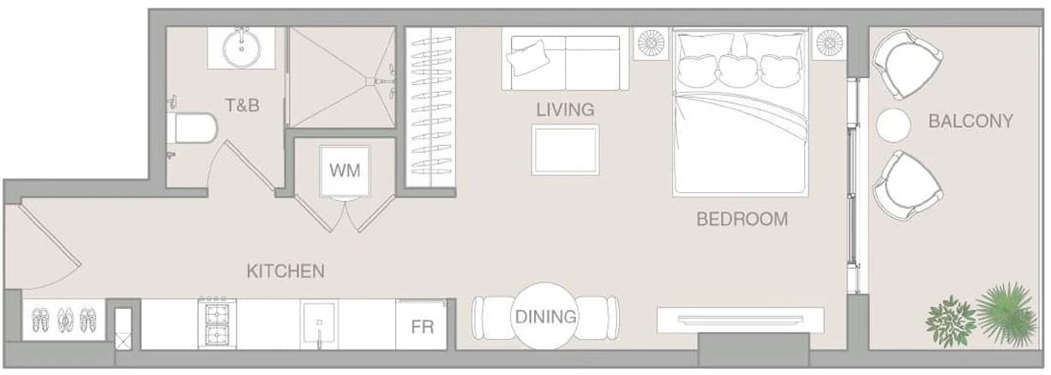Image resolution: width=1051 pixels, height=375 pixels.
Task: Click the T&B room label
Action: pyautogui.click(x=242, y=106)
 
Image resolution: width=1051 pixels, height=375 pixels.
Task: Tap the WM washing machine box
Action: pyautogui.click(x=345, y=171)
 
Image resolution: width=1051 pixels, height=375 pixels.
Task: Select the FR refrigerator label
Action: pyautogui.click(x=423, y=327)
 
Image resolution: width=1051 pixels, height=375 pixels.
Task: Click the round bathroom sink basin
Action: pyautogui.click(x=242, y=48)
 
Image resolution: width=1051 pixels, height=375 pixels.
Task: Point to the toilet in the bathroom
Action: pyautogui.click(x=192, y=127)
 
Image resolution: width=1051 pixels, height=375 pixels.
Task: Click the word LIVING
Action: pyautogui.click(x=566, y=110)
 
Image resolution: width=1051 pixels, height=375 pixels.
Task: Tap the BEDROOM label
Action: pyautogui.click(x=742, y=220)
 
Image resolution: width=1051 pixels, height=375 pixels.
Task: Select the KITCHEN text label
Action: pyautogui.click(x=285, y=271)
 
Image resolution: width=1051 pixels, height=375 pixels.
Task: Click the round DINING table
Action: pyautogui.click(x=545, y=316)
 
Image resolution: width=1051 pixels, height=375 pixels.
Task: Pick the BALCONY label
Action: pyautogui.click(x=970, y=121)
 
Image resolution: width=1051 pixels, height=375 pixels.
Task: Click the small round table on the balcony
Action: pyautogui.click(x=893, y=125)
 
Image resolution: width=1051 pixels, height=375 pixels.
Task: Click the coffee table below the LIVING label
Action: pyautogui.click(x=566, y=150)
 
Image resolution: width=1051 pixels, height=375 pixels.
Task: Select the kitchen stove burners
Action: pyautogui.click(x=217, y=324)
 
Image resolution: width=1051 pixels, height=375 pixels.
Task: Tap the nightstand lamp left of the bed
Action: pyautogui.click(x=651, y=43)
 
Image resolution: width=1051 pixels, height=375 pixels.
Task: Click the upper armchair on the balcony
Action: pyautogui.click(x=907, y=64)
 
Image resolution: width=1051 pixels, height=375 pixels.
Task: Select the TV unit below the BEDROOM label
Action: pyautogui.click(x=740, y=320)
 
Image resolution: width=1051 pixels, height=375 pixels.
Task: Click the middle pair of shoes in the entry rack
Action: pyautogui.click(x=65, y=320)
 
